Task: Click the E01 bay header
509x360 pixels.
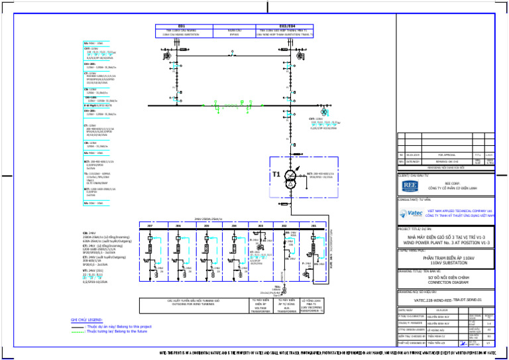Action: (182, 26)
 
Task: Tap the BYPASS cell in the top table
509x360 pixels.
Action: (234, 32)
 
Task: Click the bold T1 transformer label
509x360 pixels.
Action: (260, 175)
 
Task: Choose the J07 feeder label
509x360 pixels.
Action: (150, 226)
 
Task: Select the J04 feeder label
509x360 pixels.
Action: (234, 226)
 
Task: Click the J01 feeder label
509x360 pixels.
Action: (313, 226)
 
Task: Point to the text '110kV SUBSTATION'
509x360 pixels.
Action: (449, 263)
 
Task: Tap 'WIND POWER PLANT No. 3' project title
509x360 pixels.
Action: (449, 243)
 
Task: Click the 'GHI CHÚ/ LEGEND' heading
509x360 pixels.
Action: (87, 320)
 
